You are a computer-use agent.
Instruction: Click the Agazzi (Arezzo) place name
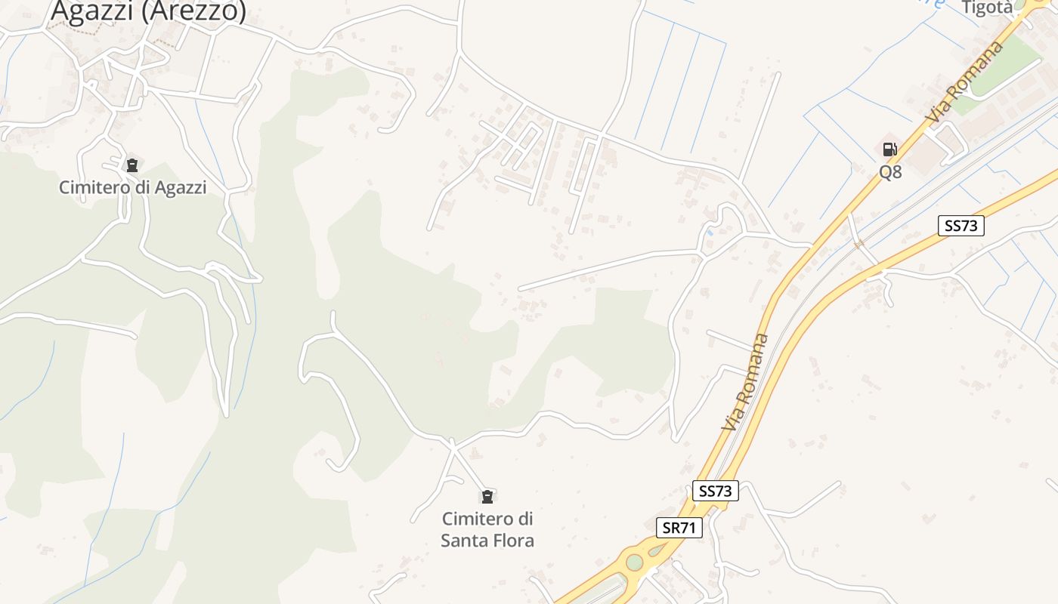click(x=148, y=11)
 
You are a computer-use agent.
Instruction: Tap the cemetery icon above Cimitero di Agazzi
click(x=132, y=165)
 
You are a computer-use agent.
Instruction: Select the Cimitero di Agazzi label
click(x=132, y=187)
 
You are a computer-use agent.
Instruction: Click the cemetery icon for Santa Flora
click(x=487, y=496)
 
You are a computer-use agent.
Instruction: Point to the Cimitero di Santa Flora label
click(x=487, y=529)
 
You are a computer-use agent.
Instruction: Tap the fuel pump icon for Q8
click(x=889, y=149)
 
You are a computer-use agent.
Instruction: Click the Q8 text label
click(x=890, y=172)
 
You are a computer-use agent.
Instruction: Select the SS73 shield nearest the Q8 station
click(x=961, y=225)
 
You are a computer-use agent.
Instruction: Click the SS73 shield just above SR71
click(x=715, y=491)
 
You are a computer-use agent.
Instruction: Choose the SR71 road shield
click(x=679, y=528)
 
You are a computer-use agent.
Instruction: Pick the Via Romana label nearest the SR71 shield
click(x=745, y=382)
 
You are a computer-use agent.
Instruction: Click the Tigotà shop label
click(x=986, y=7)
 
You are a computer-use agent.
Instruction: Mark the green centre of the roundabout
click(x=633, y=562)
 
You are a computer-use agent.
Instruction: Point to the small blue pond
click(x=710, y=233)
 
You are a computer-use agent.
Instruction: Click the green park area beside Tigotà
click(x=1005, y=68)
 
